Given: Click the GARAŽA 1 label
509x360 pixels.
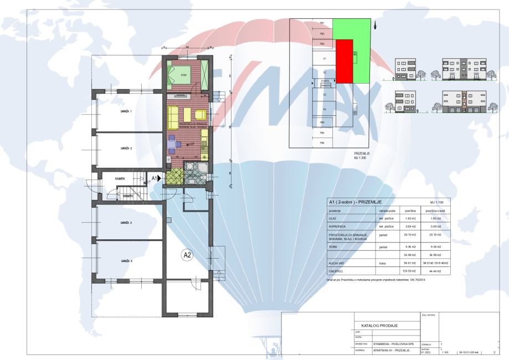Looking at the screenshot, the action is pos(126,111).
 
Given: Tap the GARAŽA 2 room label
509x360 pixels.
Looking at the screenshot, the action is pos(126,148).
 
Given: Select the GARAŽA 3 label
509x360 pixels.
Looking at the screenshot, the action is pos(126,222).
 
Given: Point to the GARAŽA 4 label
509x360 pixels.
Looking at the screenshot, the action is pos(126,260).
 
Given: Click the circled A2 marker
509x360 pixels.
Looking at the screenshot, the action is pos(187,255).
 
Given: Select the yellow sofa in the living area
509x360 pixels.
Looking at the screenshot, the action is pos(173,116).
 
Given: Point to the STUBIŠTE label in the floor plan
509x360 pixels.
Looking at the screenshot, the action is pos(120,179).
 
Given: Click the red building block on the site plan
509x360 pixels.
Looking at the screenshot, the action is pos(345,61).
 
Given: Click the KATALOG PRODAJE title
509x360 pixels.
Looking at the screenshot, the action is pos(384,325).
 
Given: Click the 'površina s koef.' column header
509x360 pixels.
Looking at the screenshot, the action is pos(434,210).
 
